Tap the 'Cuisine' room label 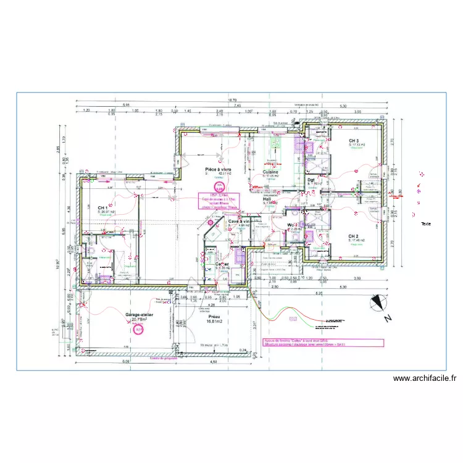click(270, 172)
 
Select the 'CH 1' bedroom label click(102, 208)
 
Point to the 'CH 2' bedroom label click(354, 236)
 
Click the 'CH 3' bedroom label click(354, 141)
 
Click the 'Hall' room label click(267, 199)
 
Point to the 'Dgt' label click(311, 180)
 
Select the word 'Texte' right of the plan click(426, 225)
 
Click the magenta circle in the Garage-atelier click(138, 330)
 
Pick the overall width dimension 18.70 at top click(232, 100)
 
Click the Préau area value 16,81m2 click(214, 321)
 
